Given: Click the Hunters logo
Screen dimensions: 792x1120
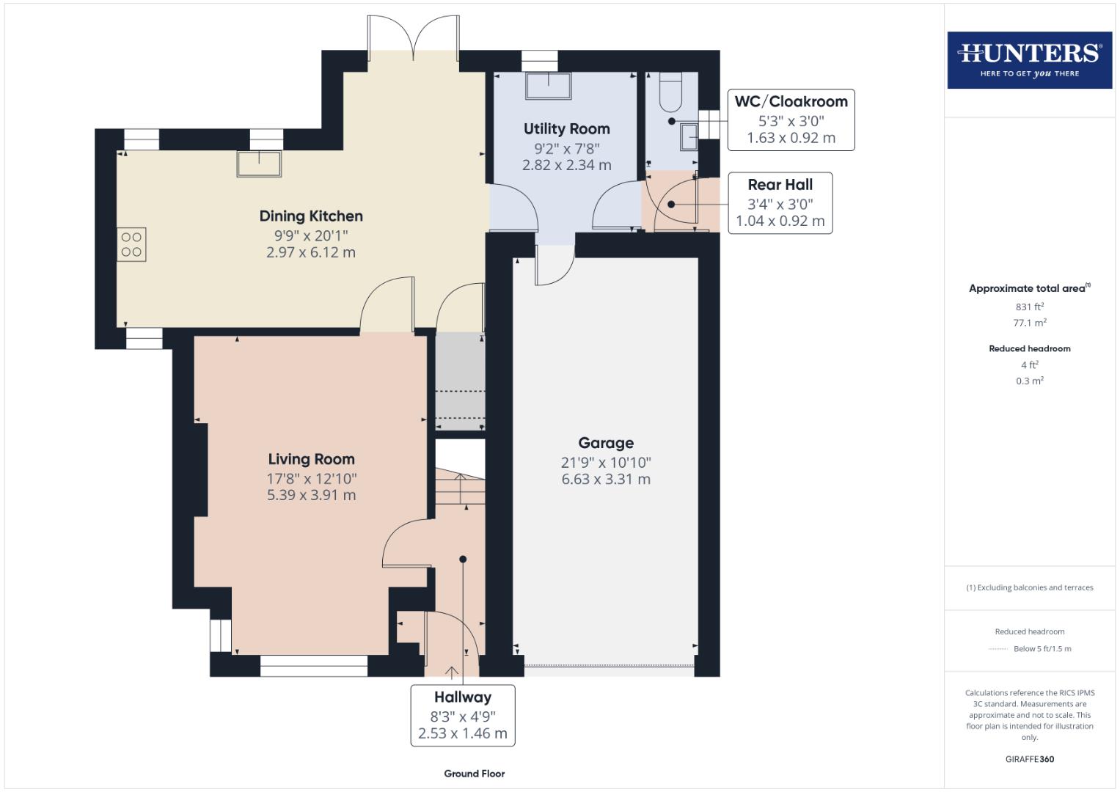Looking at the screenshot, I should click(1029, 59).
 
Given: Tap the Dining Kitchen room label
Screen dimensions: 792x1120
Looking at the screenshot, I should click(311, 216).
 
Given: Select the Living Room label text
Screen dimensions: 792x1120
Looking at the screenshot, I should click(311, 459).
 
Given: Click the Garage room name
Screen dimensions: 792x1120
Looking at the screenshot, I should click(606, 443).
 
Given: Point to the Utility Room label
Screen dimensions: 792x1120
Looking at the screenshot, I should click(566, 129).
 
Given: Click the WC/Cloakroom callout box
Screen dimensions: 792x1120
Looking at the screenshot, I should click(791, 120).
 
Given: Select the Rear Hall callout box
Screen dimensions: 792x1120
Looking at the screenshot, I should click(780, 202).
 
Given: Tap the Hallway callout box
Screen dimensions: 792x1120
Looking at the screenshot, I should click(462, 715).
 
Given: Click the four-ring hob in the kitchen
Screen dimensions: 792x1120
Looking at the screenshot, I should click(131, 244).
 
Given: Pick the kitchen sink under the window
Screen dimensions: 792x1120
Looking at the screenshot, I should click(259, 164).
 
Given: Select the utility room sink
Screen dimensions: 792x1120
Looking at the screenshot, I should click(548, 86).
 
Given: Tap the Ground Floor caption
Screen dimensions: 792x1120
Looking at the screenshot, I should click(474, 774).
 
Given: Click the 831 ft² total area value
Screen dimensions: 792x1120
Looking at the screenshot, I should click(1029, 307).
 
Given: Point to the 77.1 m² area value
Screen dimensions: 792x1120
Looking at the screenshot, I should click(1029, 323).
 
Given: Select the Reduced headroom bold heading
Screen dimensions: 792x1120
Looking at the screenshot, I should click(1029, 348).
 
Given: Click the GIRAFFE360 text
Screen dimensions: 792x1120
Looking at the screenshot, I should click(1029, 759).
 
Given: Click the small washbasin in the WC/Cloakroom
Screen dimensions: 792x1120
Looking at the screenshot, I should click(689, 137).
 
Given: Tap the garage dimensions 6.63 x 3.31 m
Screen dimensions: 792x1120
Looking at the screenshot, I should click(606, 480).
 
